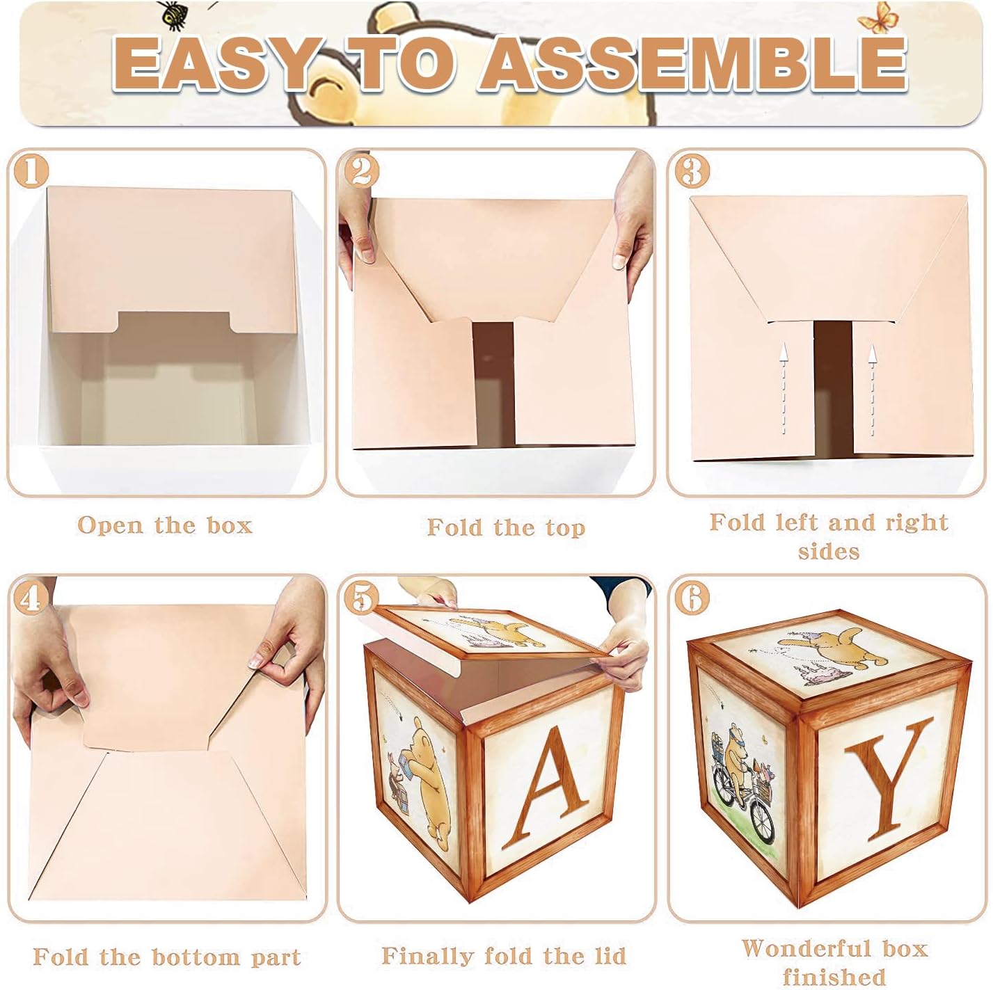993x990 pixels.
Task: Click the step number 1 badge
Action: (31, 171)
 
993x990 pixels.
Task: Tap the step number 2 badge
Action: (361, 171)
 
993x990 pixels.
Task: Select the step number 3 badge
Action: (692, 171)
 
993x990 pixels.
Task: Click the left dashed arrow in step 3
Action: (784, 389)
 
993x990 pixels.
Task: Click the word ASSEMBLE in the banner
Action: (693, 64)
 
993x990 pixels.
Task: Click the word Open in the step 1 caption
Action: (110, 526)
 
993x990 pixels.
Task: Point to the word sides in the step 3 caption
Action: (829, 552)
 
